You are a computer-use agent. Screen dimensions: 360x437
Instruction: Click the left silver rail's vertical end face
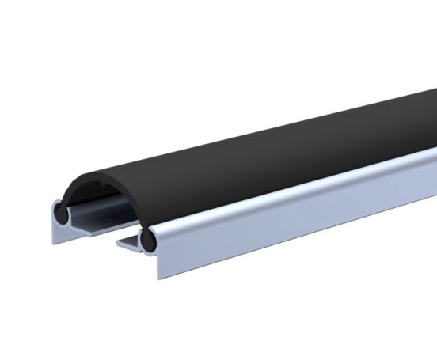pyautogui.click(x=56, y=230)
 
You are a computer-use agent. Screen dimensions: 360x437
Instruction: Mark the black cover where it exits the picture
pyautogui.click(x=431, y=103)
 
